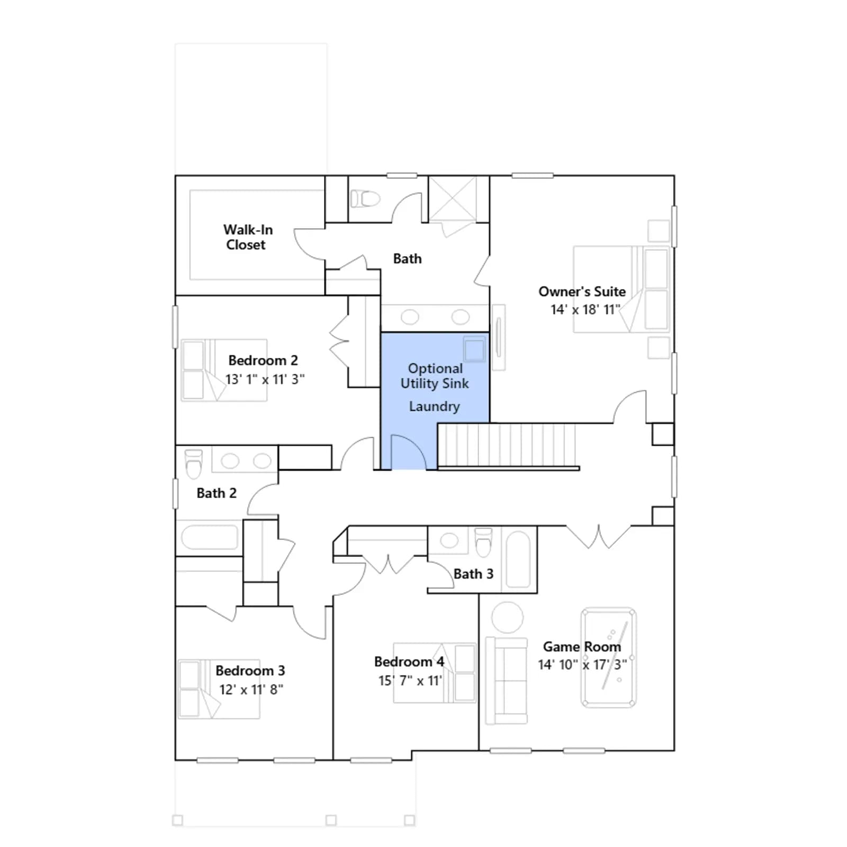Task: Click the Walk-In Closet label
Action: pos(248,237)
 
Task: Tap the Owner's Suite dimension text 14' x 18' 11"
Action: pos(585,310)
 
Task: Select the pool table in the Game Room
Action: pos(609,657)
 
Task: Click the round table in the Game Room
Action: pos(507,617)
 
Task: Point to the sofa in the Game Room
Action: pos(507,680)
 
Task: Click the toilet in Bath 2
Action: pos(194,464)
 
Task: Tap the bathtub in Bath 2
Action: pos(210,537)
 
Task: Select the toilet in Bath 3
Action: pos(483,542)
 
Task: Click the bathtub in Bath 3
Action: pos(518,560)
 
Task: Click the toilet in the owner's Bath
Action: pos(365,199)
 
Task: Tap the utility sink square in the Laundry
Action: pos(474,349)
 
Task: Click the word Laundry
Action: pos(434,407)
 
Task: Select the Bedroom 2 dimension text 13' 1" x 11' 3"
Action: pos(265,380)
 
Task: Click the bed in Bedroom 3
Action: pos(219,689)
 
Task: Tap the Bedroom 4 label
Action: pos(409,662)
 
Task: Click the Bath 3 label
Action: pos(473,574)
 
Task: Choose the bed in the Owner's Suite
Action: pos(621,289)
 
